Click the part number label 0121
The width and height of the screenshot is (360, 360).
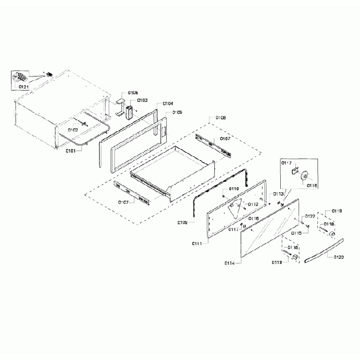click(23, 87)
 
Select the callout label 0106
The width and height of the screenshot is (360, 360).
click(133, 92)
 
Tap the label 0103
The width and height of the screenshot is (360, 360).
click(142, 100)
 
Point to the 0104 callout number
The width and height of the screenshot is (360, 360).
click(168, 104)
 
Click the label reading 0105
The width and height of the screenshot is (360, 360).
click(177, 112)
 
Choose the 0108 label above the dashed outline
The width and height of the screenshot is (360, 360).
click(220, 118)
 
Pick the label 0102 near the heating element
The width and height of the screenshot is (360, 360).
click(73, 130)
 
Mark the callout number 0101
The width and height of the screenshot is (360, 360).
click(71, 150)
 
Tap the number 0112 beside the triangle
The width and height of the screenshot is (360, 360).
click(253, 204)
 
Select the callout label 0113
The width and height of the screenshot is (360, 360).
click(279, 194)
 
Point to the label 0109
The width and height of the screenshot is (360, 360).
click(183, 223)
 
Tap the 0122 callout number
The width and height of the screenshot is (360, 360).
click(310, 216)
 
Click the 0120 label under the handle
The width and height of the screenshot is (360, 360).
click(339, 258)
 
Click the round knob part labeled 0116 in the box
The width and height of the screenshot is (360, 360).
click(304, 176)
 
